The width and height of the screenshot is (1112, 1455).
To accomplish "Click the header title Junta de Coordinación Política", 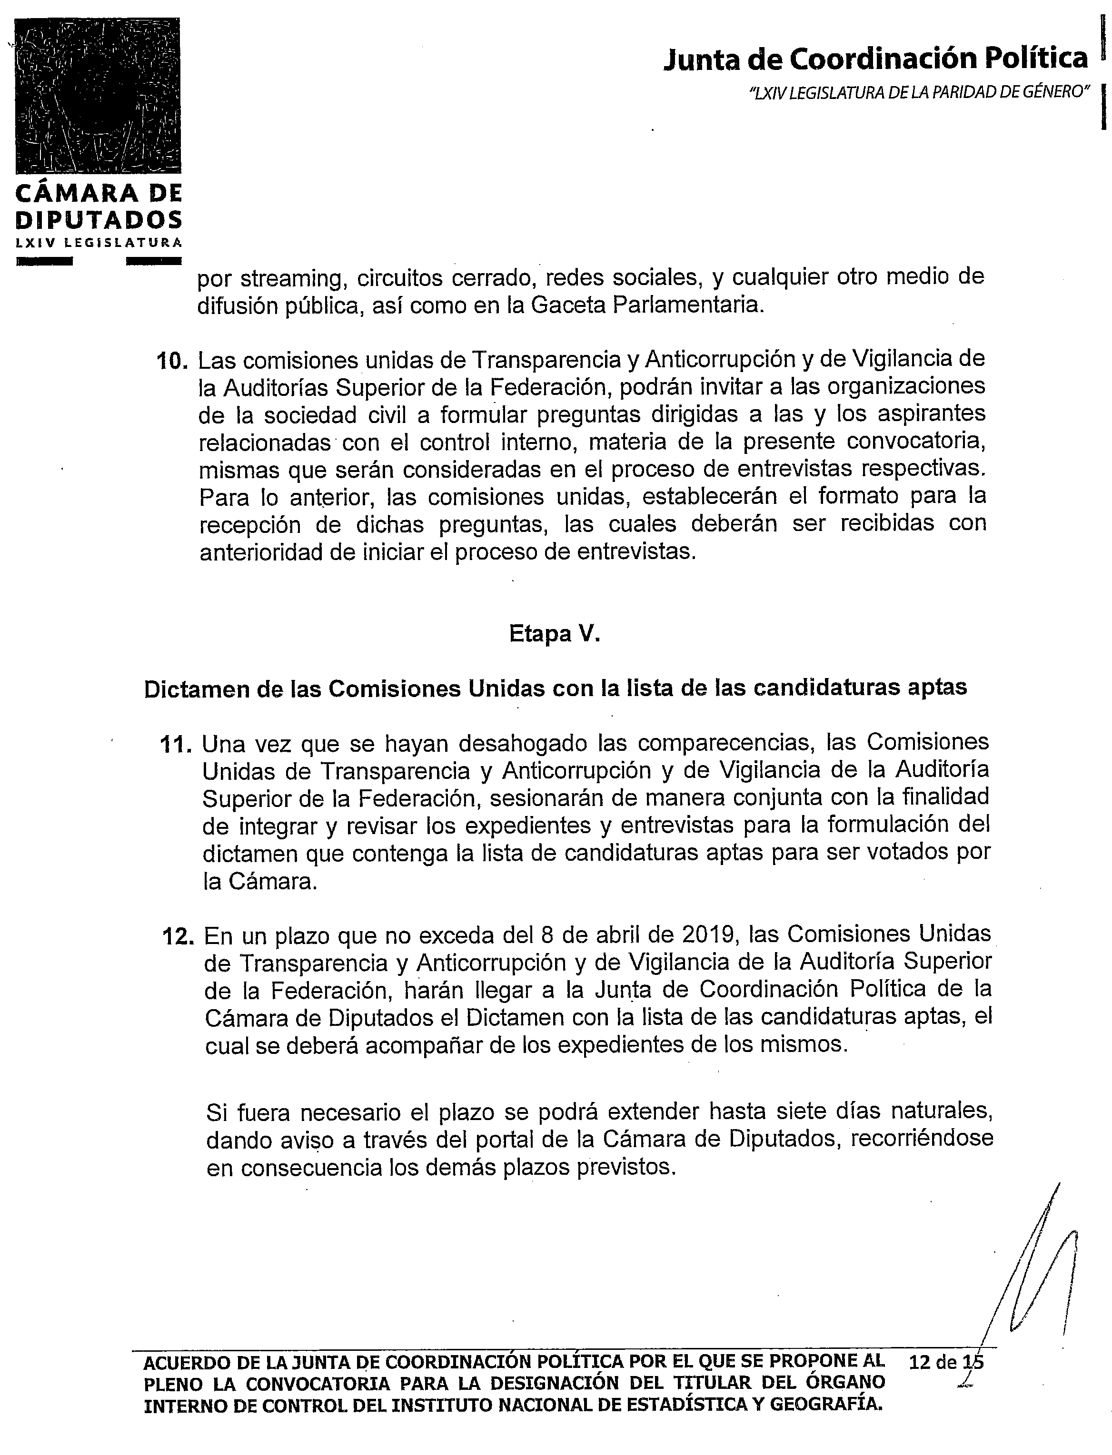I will click(875, 59).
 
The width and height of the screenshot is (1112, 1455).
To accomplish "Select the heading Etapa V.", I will click(555, 634).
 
